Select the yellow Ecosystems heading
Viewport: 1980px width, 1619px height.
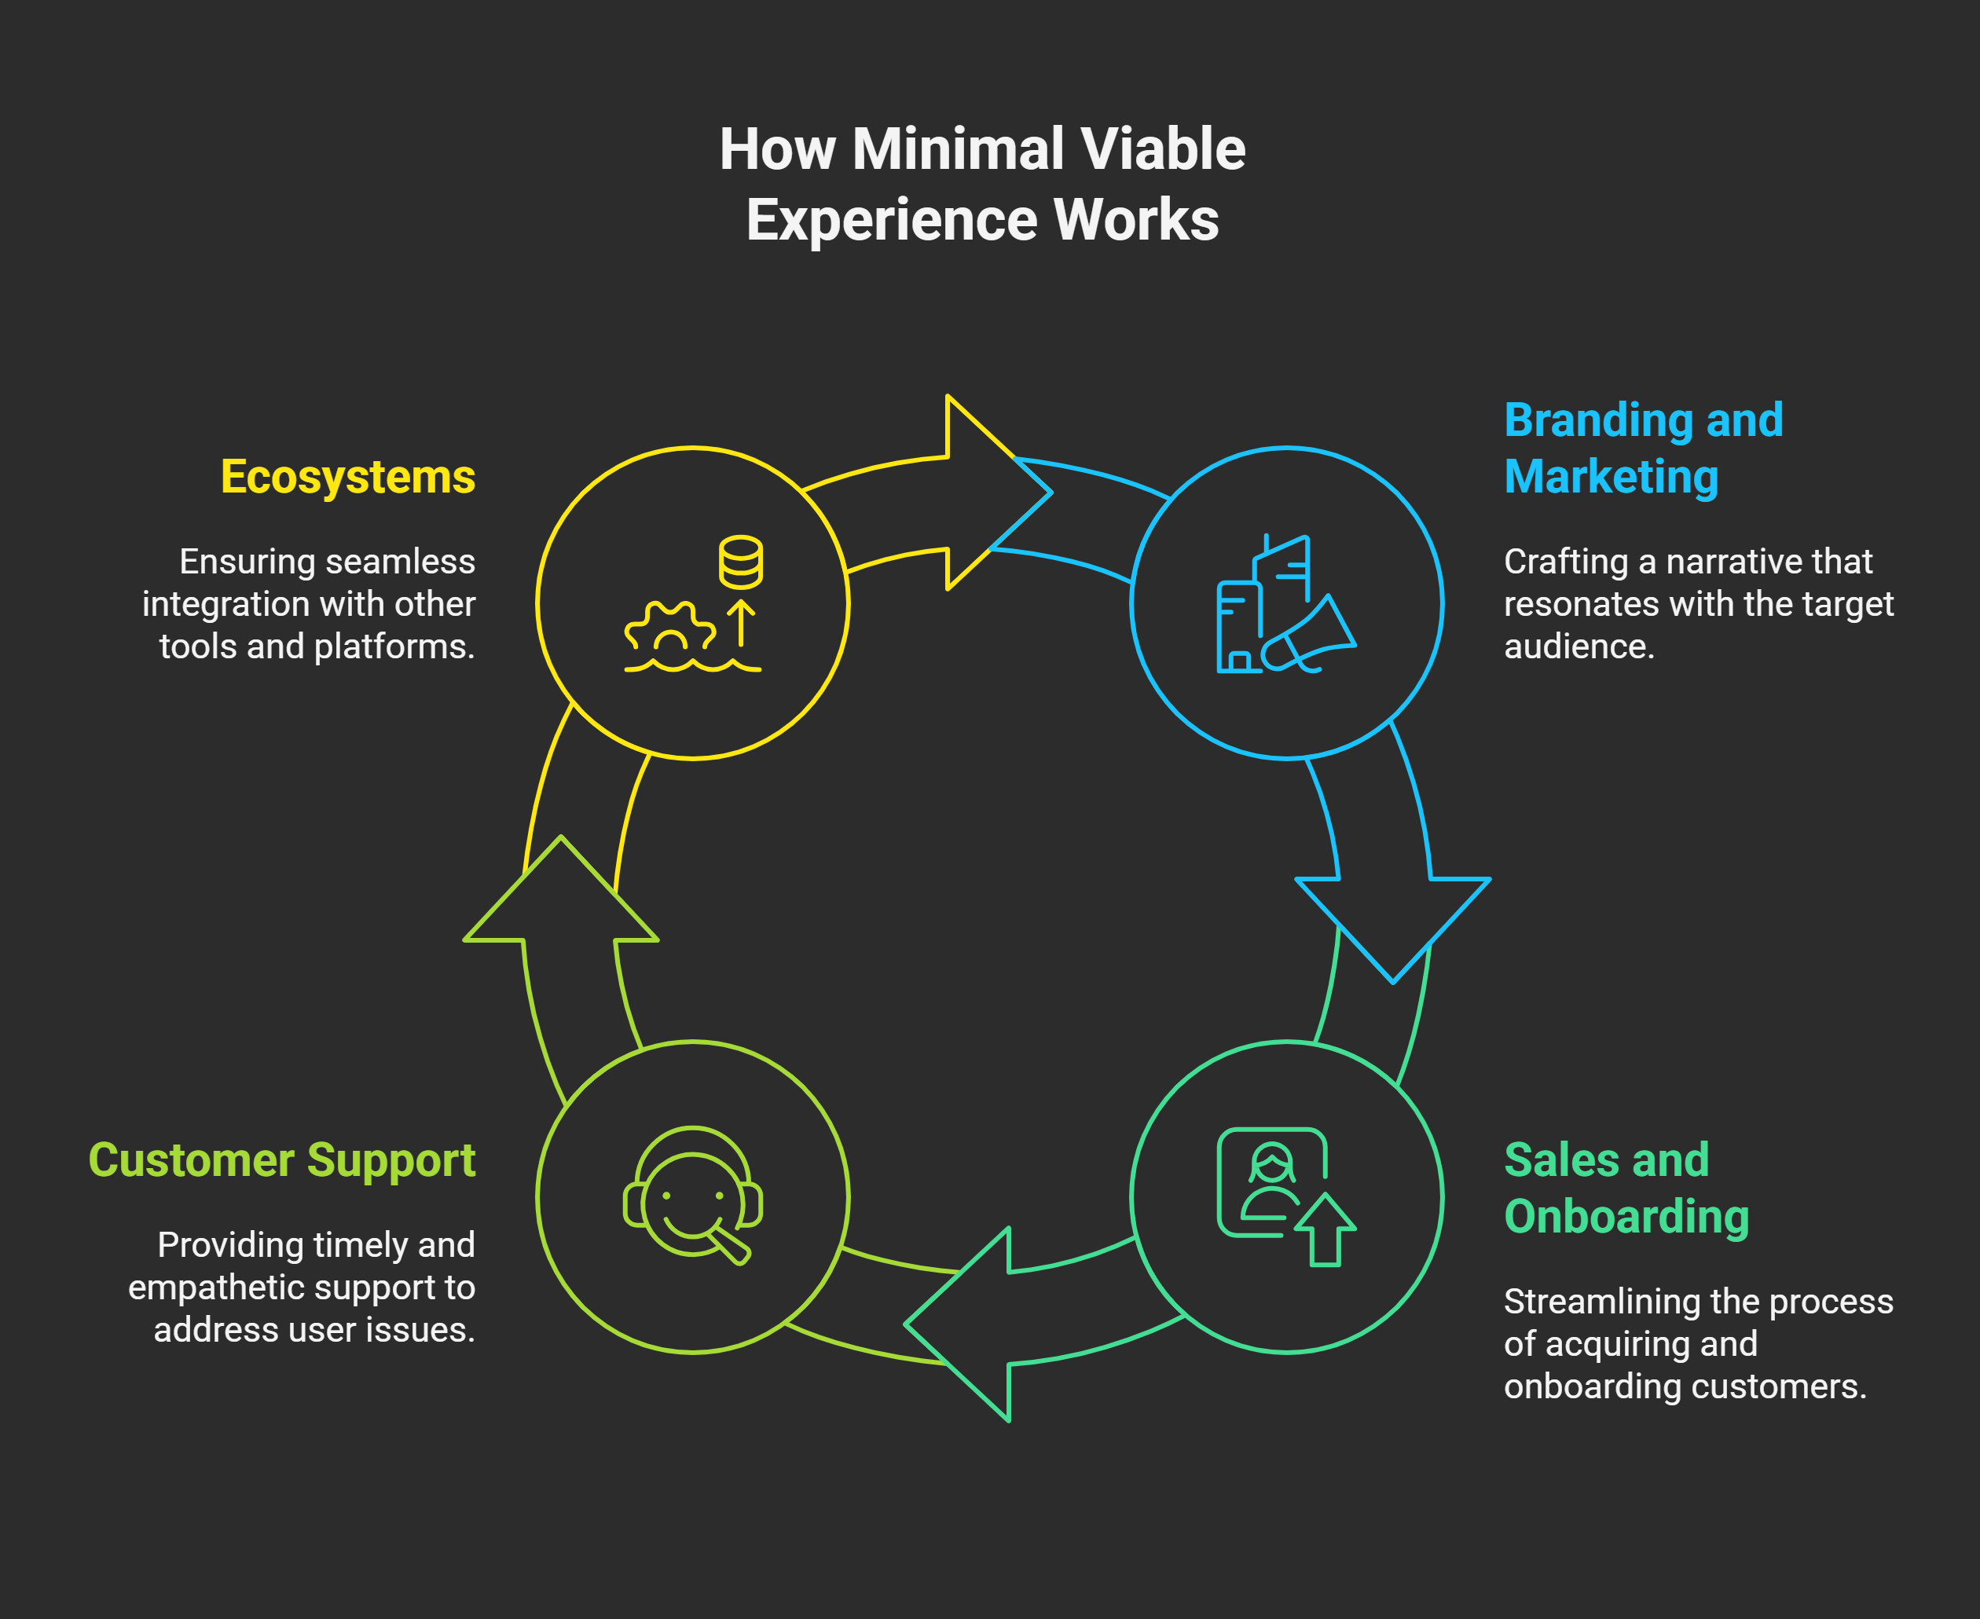(348, 477)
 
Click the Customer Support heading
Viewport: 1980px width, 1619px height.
(281, 1160)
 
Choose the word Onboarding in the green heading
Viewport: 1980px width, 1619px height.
(1626, 1216)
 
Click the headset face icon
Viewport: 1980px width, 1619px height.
(692, 1196)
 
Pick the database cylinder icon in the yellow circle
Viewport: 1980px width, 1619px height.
(740, 562)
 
